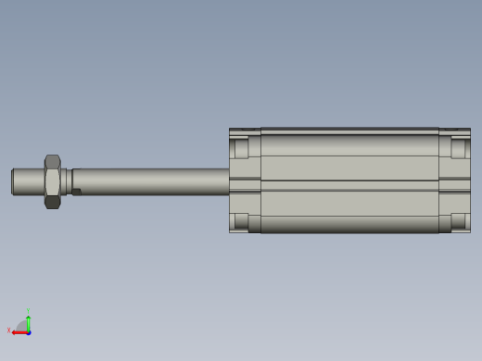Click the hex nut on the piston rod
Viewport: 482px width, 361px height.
click(52, 181)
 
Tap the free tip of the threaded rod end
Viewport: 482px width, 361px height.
click(14, 181)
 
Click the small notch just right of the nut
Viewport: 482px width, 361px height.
click(77, 193)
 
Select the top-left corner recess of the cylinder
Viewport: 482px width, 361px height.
click(241, 148)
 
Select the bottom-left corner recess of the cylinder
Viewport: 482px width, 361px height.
click(241, 221)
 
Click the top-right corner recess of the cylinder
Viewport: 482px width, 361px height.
click(459, 148)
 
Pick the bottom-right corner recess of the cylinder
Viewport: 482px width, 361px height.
click(459, 221)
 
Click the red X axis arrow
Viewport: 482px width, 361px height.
click(19, 331)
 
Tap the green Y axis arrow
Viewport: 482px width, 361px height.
click(29, 321)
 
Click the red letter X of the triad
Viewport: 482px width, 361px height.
click(9, 330)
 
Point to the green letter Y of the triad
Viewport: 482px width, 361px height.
click(29, 311)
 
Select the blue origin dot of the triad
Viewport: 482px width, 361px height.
click(29, 331)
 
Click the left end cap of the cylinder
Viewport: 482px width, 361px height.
click(245, 181)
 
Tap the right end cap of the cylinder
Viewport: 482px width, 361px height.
click(454, 181)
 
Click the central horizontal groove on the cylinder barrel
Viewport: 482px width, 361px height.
click(349, 181)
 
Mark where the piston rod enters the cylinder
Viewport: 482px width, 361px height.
click(229, 181)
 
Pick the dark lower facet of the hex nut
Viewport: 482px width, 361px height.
click(52, 201)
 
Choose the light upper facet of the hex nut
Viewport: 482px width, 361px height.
click(52, 162)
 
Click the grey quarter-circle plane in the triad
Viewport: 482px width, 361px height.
click(22, 326)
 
